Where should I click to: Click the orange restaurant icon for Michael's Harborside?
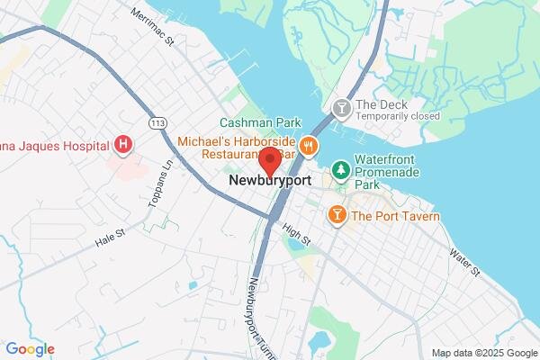[308, 145]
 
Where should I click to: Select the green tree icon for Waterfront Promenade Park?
[341, 169]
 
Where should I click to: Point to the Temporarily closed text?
[397, 116]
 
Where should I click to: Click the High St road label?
[295, 236]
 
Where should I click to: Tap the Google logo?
[30, 349]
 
